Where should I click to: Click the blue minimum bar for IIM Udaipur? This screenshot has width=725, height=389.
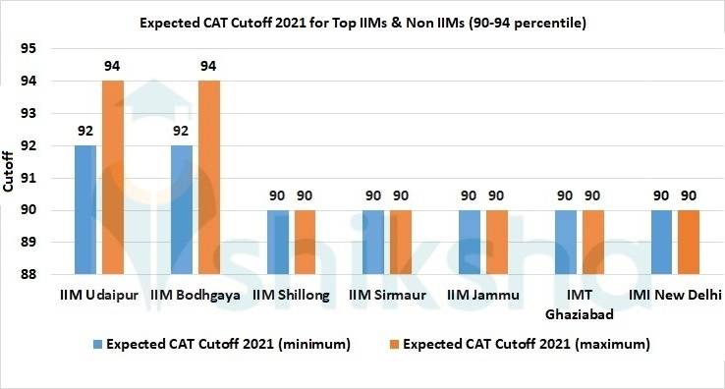tap(85, 209)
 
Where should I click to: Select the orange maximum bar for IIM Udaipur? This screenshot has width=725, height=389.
tap(113, 177)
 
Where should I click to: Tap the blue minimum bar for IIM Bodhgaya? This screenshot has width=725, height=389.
tap(182, 209)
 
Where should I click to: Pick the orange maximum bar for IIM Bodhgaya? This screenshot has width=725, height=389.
tap(209, 177)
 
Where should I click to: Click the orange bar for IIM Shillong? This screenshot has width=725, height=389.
tap(306, 242)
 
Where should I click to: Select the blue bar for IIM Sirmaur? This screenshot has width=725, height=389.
tap(373, 242)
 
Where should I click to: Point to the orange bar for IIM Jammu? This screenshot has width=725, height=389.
tap(497, 242)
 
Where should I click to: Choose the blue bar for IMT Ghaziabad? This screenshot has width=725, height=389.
tap(566, 242)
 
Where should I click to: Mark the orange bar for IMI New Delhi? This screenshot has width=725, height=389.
tap(690, 242)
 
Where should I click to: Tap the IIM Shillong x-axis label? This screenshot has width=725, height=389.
tap(291, 295)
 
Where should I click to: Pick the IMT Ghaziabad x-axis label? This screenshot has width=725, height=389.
tap(580, 304)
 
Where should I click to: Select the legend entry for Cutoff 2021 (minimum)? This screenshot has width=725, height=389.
tap(221, 345)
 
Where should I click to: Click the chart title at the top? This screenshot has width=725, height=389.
tap(362, 21)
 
